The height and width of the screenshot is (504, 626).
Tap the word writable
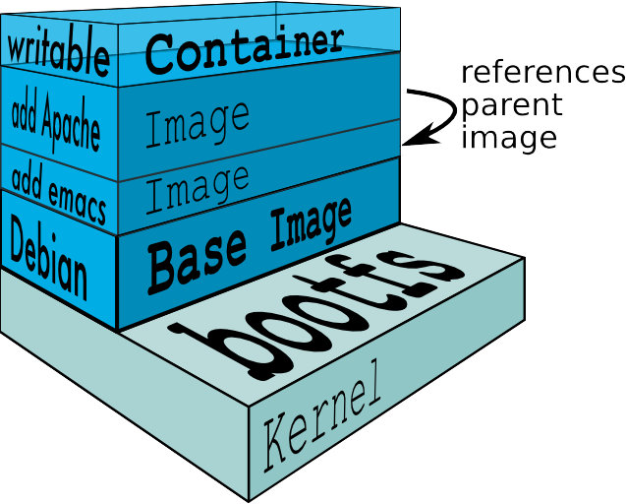coord(58,53)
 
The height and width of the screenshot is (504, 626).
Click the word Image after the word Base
coord(304,227)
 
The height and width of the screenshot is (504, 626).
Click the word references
coord(543,74)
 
